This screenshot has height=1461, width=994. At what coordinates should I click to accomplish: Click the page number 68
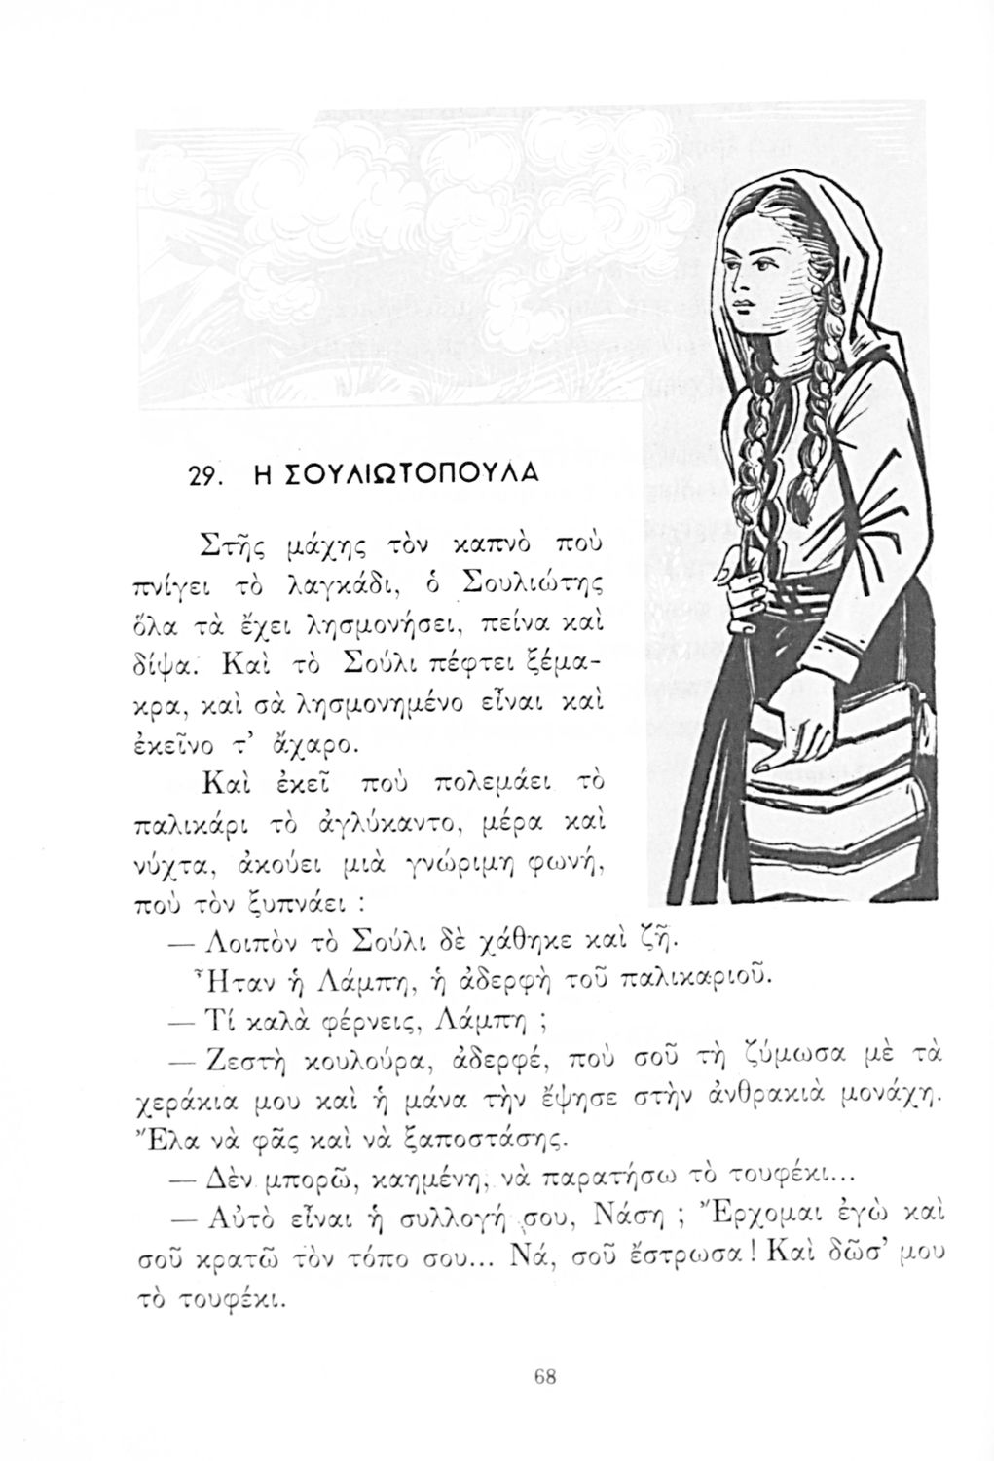(544, 1376)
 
